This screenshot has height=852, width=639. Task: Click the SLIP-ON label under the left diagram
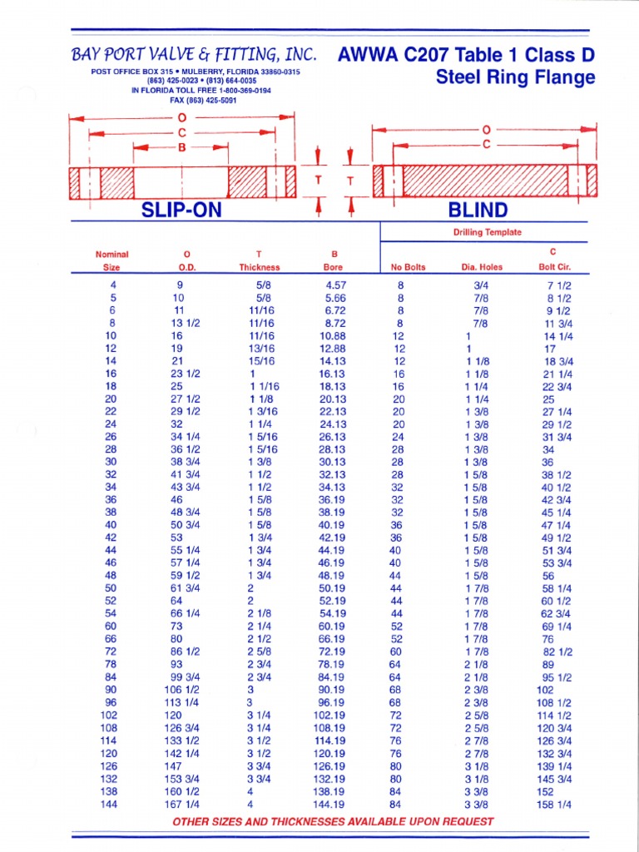pos(181,210)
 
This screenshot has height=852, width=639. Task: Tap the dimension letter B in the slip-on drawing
pos(181,146)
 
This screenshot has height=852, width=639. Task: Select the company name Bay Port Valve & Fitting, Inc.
pos(194,55)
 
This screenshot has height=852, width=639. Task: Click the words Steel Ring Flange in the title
pos(516,78)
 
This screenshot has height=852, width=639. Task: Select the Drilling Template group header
pos(487,232)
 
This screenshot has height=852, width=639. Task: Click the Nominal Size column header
pos(111,260)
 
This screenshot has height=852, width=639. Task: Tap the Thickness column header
pos(260,267)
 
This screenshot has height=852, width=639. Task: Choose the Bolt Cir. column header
pos(554,267)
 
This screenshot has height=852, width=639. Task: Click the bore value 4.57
pos(335,285)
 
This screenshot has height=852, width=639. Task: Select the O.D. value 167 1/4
pos(186,805)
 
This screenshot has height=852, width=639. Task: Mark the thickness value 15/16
pos(260,361)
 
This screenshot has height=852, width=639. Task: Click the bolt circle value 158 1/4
pos(556,805)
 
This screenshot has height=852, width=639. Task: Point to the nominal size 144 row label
pos(109,805)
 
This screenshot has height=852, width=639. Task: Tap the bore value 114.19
pos(330,741)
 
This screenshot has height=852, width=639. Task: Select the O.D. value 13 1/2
pos(186,323)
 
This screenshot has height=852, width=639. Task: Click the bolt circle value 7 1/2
pos(558,285)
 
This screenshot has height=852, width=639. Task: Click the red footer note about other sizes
pos(332,821)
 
